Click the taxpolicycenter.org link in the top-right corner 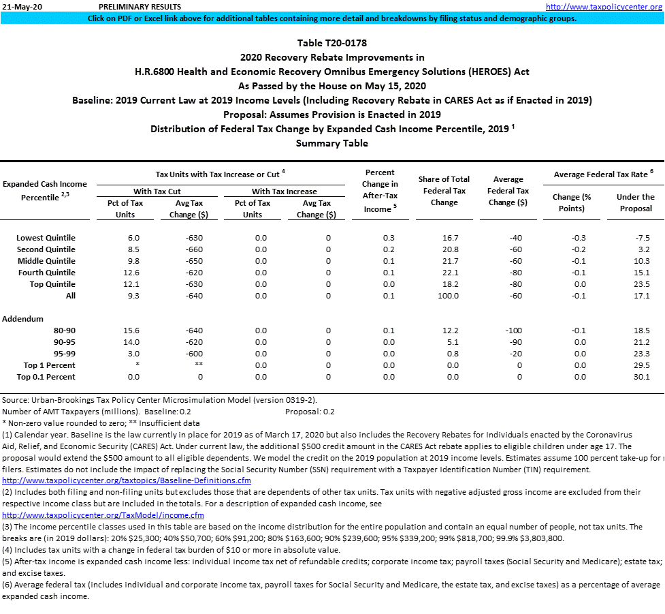[604, 7]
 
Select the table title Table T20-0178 [332, 43]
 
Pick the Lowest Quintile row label [46, 238]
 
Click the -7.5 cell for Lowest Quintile [642, 238]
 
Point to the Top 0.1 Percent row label [46, 377]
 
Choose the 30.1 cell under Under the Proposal [642, 377]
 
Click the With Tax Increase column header [285, 191]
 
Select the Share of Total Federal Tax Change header [444, 191]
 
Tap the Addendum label [23, 319]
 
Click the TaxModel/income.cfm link [103, 515]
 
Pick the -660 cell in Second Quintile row [193, 249]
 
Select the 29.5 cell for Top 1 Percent [642, 365]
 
